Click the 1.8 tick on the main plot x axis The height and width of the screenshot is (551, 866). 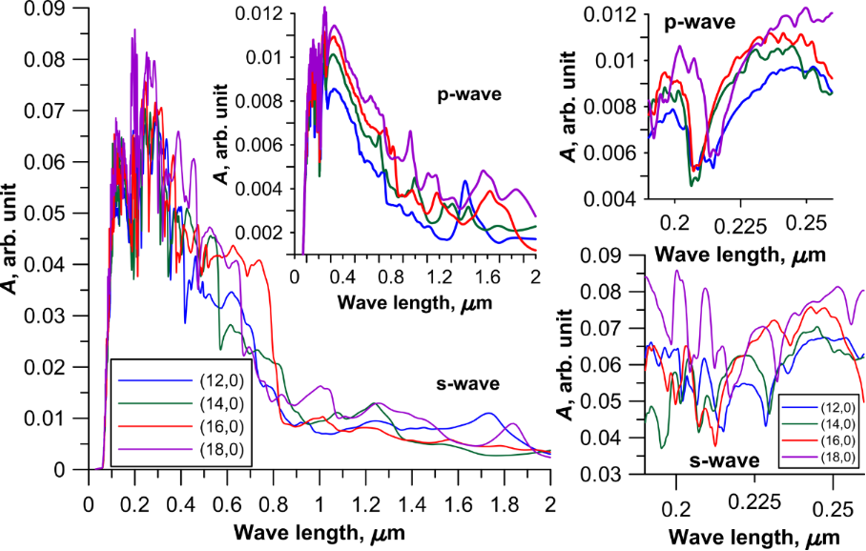pyautogui.click(x=505, y=471)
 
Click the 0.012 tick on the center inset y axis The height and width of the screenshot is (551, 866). pyautogui.click(x=295, y=13)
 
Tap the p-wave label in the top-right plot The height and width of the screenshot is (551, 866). pyautogui.click(x=701, y=20)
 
